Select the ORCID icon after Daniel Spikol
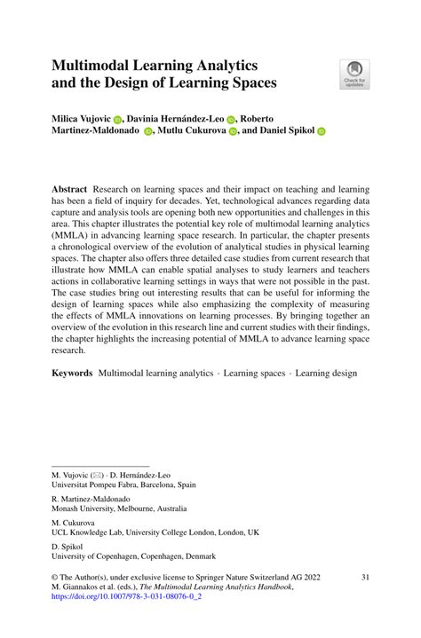pyautogui.click(x=322, y=130)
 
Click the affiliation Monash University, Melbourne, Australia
pyautogui.click(x=119, y=509)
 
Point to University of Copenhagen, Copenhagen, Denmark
pyautogui.click(x=131, y=555)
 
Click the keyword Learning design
pyautogui.click(x=327, y=374)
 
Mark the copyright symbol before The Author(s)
pyautogui.click(x=55, y=577)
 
